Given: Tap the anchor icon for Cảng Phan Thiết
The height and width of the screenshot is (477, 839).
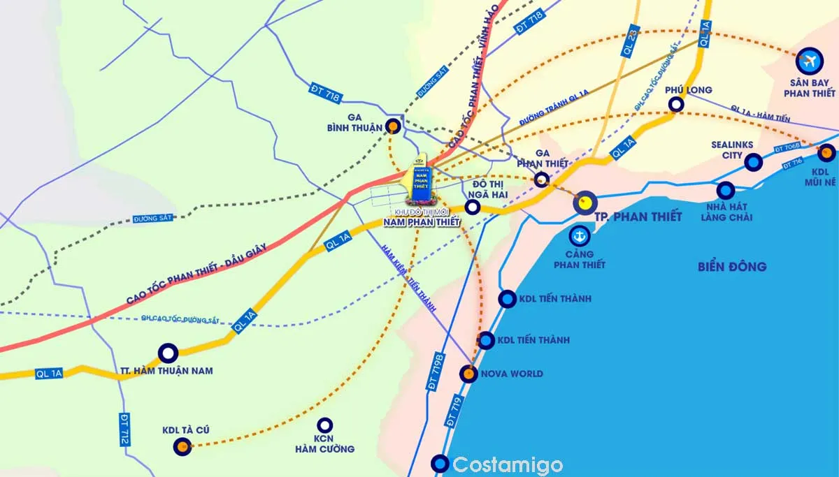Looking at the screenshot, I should tap(579, 235).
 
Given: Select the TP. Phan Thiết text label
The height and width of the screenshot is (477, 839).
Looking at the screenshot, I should tap(638, 217).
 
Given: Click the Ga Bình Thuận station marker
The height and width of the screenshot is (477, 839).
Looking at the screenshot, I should tap(394, 126).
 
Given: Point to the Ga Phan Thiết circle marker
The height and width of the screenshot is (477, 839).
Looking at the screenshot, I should tap(541, 179).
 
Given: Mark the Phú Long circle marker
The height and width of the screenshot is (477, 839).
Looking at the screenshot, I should tap(676, 105).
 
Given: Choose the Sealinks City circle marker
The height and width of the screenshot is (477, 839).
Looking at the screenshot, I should tap(753, 163).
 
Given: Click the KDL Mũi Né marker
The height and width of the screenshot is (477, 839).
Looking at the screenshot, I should tap(826, 152).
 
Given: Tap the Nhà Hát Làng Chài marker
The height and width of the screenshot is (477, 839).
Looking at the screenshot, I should tap(726, 191).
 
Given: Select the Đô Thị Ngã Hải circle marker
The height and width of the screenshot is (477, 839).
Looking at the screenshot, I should tap(473, 207).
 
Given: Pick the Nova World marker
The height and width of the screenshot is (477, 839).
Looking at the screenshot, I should tap(468, 374).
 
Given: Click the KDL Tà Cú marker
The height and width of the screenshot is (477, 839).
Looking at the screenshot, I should tap(182, 446).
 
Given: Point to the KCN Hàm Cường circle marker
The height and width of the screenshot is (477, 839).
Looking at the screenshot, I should tap(324, 425).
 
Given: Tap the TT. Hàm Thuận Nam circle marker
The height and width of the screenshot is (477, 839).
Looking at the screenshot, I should tap(168, 353).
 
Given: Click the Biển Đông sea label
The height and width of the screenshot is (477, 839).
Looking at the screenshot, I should tap(732, 266).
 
